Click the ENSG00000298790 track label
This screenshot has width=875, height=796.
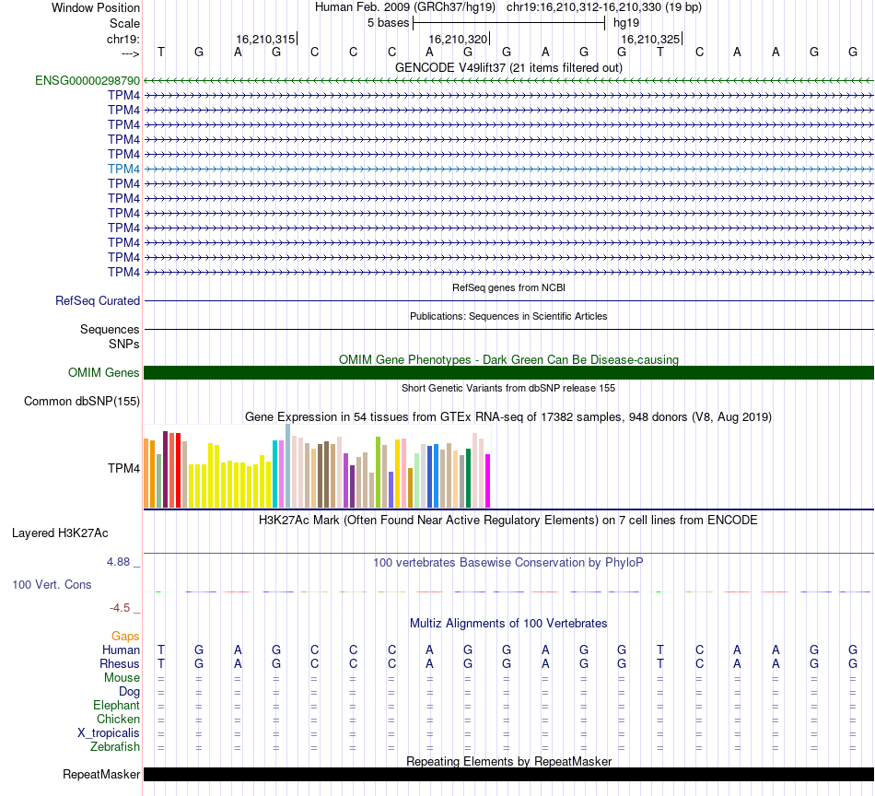pyautogui.click(x=87, y=81)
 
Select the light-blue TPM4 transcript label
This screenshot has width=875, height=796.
pyautogui.click(x=123, y=169)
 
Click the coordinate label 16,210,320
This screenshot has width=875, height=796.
pyautogui.click(x=458, y=40)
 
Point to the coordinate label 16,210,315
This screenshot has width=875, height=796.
pyautogui.click(x=265, y=40)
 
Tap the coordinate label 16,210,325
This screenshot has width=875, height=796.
pyautogui.click(x=650, y=40)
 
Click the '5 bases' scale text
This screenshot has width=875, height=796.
pyautogui.click(x=388, y=22)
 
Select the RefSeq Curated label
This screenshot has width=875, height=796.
pyautogui.click(x=98, y=300)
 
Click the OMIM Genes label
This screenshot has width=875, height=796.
pyautogui.click(x=104, y=372)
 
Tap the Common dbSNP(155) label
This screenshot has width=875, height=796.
pyautogui.click(x=82, y=401)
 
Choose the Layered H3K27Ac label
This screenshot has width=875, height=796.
pyautogui.click(x=60, y=533)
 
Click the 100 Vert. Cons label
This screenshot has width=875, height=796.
pyautogui.click(x=52, y=584)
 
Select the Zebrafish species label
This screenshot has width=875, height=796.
pyautogui.click(x=115, y=746)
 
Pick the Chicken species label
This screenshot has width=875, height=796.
pyautogui.click(x=118, y=719)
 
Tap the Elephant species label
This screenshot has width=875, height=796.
pyautogui.click(x=115, y=705)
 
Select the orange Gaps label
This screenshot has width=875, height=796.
pyautogui.click(x=125, y=636)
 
